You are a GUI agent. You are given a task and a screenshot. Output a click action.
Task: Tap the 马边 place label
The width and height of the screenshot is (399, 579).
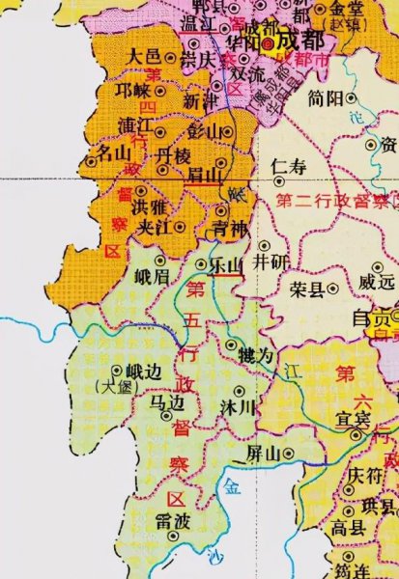click(x=165, y=400)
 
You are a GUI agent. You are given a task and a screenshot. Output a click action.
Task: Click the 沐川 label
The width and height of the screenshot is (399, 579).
click(x=240, y=407)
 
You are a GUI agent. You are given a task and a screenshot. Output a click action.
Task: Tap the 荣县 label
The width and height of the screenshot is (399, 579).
click(x=303, y=290)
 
